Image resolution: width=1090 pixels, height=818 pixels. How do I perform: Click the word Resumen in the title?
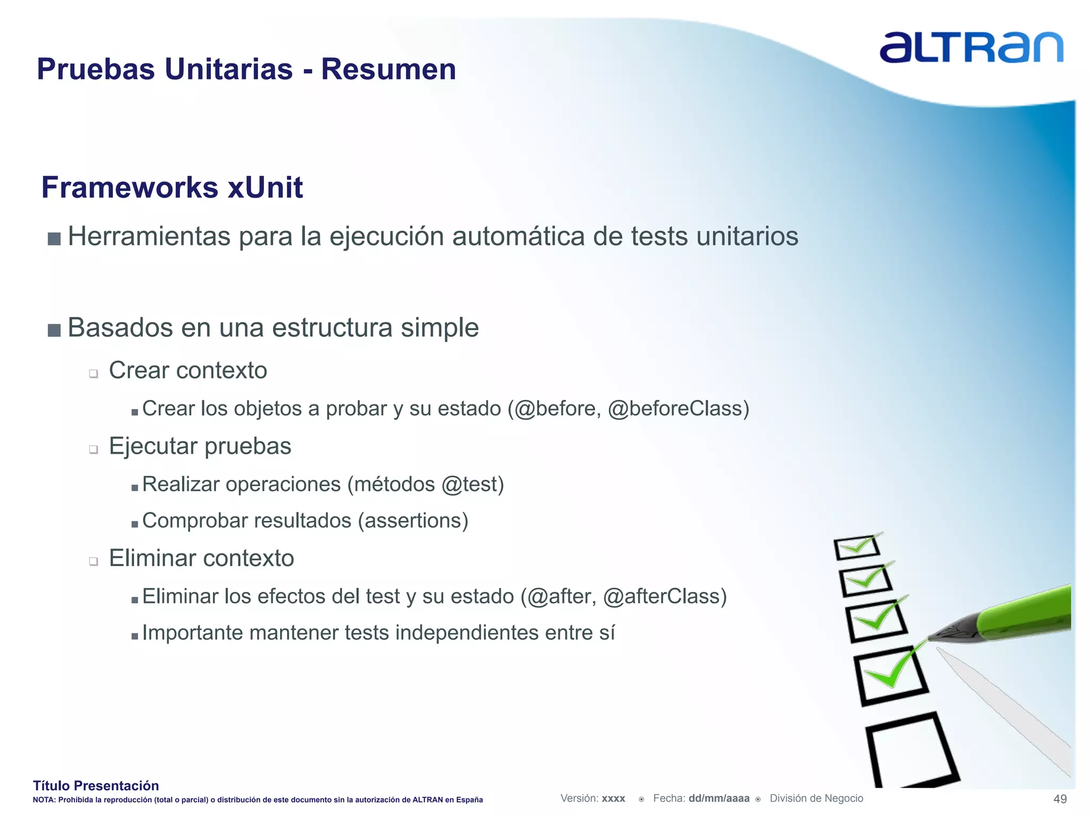389,69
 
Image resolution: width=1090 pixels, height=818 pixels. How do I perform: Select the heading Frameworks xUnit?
172,187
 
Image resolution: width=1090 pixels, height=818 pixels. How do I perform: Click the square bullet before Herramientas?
54,238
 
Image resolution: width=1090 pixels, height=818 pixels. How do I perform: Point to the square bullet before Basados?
54,330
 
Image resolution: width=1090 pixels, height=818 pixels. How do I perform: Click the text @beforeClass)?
678,408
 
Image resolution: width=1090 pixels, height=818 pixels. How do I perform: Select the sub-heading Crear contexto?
188,370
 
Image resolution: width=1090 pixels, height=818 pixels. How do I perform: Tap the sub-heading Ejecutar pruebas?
200,446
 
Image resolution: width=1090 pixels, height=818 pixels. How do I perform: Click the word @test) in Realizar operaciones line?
472,484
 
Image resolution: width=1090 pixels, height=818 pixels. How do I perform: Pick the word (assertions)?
413,520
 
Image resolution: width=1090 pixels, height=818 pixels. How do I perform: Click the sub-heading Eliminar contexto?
201,558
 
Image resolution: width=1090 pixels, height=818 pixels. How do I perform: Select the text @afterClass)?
665,596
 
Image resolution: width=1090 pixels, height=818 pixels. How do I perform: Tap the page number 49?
1060,799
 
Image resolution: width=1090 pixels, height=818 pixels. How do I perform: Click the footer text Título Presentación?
96,786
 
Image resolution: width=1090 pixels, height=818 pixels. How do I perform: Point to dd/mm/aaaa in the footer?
719,798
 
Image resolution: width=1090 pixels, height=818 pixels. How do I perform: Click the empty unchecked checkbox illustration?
910,751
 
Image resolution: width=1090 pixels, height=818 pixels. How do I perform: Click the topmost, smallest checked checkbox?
856,547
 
